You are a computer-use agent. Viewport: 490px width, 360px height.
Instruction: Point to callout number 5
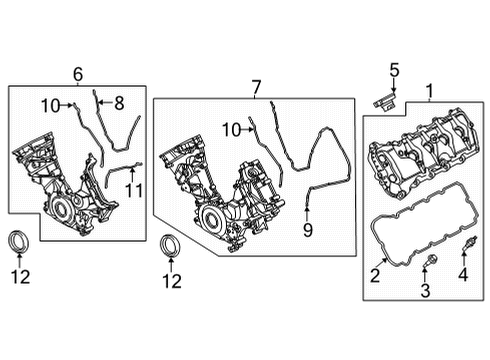pyautogui.click(x=393, y=70)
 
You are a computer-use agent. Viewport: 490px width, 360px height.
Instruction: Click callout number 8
pyautogui.click(x=118, y=101)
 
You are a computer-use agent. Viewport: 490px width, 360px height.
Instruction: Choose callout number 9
pyautogui.click(x=307, y=230)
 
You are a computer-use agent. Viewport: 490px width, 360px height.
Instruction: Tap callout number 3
pyautogui.click(x=423, y=291)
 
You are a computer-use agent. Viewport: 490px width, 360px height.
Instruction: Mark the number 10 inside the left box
pyautogui.click(x=50, y=105)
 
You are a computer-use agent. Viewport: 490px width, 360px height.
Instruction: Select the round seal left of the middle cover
pyautogui.click(x=173, y=246)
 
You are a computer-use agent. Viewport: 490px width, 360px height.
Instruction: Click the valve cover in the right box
pyautogui.click(x=419, y=160)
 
